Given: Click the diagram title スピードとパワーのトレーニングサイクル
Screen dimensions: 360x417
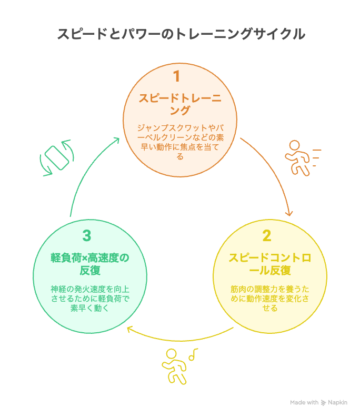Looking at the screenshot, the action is [x=181, y=34].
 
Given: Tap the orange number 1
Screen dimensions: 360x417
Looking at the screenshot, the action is [x=176, y=76].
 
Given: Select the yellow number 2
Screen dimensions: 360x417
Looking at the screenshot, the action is [x=267, y=236].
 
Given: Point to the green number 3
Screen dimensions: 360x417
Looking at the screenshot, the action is [x=87, y=236].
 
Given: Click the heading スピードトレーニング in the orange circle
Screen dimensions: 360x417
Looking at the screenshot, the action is [x=180, y=104].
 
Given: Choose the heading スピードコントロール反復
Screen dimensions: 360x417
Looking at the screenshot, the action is [x=270, y=264].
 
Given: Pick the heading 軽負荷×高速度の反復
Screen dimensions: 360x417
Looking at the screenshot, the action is [x=90, y=264].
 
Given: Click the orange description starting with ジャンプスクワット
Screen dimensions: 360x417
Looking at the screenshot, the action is [x=181, y=142].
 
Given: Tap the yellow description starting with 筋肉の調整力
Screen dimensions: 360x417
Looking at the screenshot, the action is [x=270, y=299].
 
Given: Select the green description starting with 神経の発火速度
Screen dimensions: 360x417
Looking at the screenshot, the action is [x=90, y=299].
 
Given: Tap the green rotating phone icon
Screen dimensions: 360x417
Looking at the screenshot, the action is [x=57, y=158].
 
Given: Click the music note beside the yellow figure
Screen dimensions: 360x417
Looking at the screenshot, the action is [x=193, y=354].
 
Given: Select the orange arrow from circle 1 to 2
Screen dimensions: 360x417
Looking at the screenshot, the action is [x=275, y=170].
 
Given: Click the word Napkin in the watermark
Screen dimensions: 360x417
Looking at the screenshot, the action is [x=337, y=402].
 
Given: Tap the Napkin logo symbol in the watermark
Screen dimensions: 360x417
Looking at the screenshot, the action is [x=323, y=403].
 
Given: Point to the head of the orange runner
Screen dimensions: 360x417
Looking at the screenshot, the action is [x=294, y=145].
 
